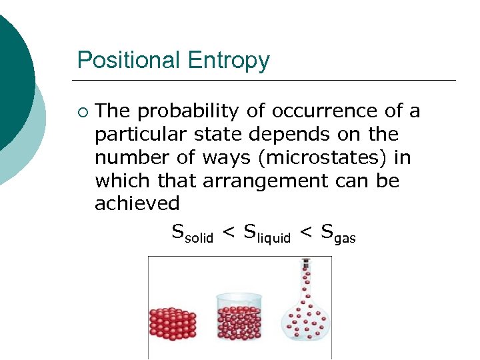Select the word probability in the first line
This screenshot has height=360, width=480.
point(189,111)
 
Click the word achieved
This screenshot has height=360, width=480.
point(137,203)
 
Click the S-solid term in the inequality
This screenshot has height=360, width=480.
point(192,234)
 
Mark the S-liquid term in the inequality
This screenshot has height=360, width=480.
point(267,234)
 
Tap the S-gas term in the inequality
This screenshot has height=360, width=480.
point(338,234)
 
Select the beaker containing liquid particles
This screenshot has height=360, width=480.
point(239,318)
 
